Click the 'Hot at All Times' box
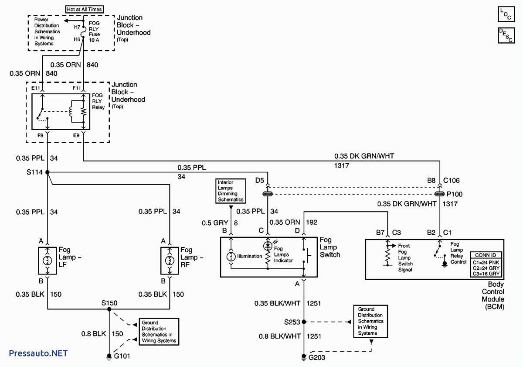(84, 9)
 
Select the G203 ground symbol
(304, 357)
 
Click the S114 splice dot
(47, 172)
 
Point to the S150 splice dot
(109, 309)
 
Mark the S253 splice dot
(304, 322)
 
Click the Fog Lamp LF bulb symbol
(47, 261)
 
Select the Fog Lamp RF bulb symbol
(169, 261)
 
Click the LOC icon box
(506, 13)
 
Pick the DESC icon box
(506, 35)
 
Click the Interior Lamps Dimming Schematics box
(231, 191)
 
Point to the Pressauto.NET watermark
(38, 353)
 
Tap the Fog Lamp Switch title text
(329, 247)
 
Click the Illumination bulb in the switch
(231, 257)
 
